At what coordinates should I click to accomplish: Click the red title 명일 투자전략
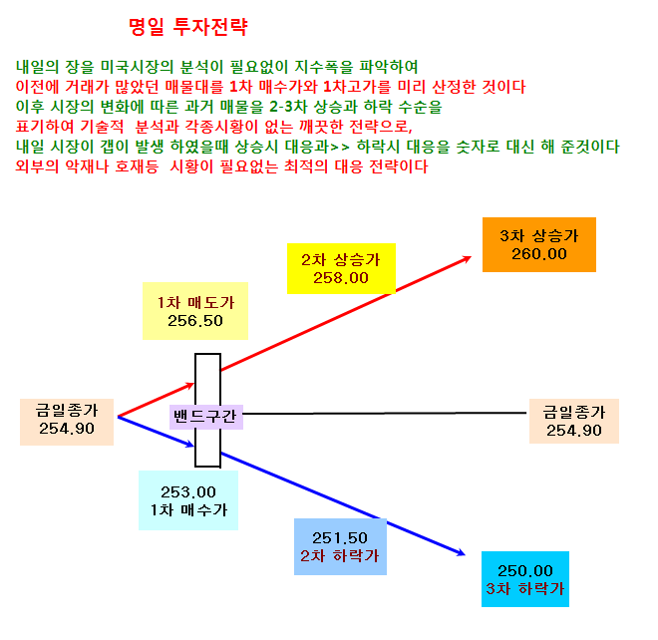[x=188, y=27]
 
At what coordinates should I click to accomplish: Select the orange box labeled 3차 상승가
[x=538, y=244]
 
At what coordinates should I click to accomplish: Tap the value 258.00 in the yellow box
[x=341, y=278]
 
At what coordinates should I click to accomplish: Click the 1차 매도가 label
[x=195, y=302]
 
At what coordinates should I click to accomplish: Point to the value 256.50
[x=195, y=321]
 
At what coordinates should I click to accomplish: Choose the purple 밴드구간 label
[x=206, y=417]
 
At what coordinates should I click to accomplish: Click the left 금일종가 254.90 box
[x=67, y=422]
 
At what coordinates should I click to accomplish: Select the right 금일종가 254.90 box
[x=574, y=421]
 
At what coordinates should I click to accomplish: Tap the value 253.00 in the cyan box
[x=188, y=491]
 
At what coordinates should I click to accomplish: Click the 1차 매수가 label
[x=188, y=509]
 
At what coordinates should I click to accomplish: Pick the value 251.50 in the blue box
[x=340, y=537]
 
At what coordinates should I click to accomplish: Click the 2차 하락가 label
[x=340, y=555]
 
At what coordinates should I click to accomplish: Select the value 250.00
[x=525, y=571]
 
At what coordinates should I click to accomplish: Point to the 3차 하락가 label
[x=525, y=589]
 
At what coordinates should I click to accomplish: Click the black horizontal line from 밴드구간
[x=385, y=414]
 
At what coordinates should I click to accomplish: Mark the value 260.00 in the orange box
[x=539, y=254]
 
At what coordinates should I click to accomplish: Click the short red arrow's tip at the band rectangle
[x=193, y=384]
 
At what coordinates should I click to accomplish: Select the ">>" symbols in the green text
[x=340, y=147]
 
